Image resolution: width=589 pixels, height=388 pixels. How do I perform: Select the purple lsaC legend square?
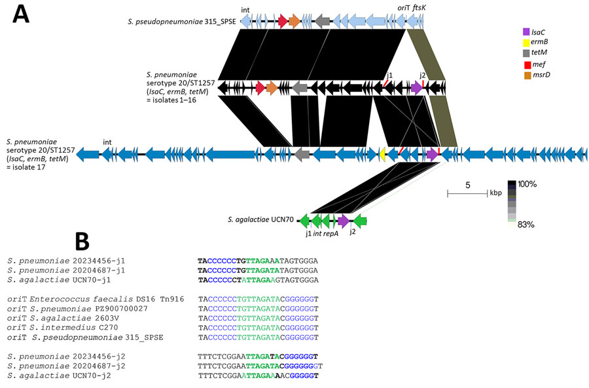pos(526,31)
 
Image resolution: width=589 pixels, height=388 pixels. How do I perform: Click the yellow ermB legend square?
pos(526,43)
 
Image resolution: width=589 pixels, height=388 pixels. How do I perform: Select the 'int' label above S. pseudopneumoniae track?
pos(245,10)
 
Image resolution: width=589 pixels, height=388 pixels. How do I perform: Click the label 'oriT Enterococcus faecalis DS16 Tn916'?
pos(95,298)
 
